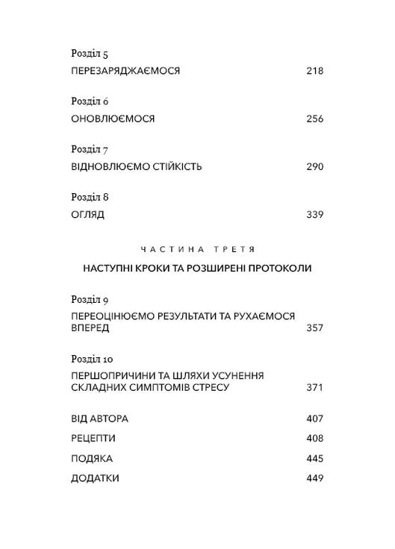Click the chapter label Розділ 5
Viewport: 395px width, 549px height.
point(89,54)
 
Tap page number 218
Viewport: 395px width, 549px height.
point(315,71)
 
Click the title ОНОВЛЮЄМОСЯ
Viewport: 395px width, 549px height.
point(106,119)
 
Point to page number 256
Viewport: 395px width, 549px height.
point(315,119)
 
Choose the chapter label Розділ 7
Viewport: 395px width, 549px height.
point(89,150)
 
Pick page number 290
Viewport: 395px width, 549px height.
point(315,166)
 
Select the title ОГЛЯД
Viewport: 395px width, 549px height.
point(88,214)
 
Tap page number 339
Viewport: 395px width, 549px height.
point(315,214)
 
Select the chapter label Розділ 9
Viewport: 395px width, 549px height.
point(90,300)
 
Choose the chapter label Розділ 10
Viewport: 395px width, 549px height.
point(92,359)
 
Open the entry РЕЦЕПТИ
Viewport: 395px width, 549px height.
point(93,438)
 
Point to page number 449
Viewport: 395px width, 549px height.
point(315,478)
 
